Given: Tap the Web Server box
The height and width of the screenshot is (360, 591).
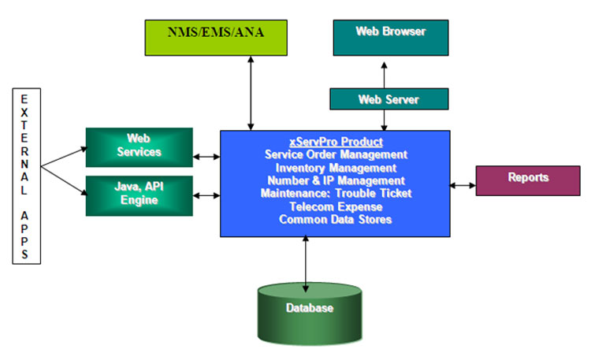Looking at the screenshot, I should (x=389, y=99).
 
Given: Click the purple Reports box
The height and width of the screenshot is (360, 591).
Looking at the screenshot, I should (x=527, y=179).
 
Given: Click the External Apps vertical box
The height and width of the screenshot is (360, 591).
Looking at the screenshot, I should (x=25, y=176).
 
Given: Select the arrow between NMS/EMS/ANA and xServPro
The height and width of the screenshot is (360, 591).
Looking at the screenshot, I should (x=251, y=93).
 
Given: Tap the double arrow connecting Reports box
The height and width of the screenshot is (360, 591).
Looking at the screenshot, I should (x=463, y=186).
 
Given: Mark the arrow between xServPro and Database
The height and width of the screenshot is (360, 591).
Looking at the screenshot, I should (x=305, y=262).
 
